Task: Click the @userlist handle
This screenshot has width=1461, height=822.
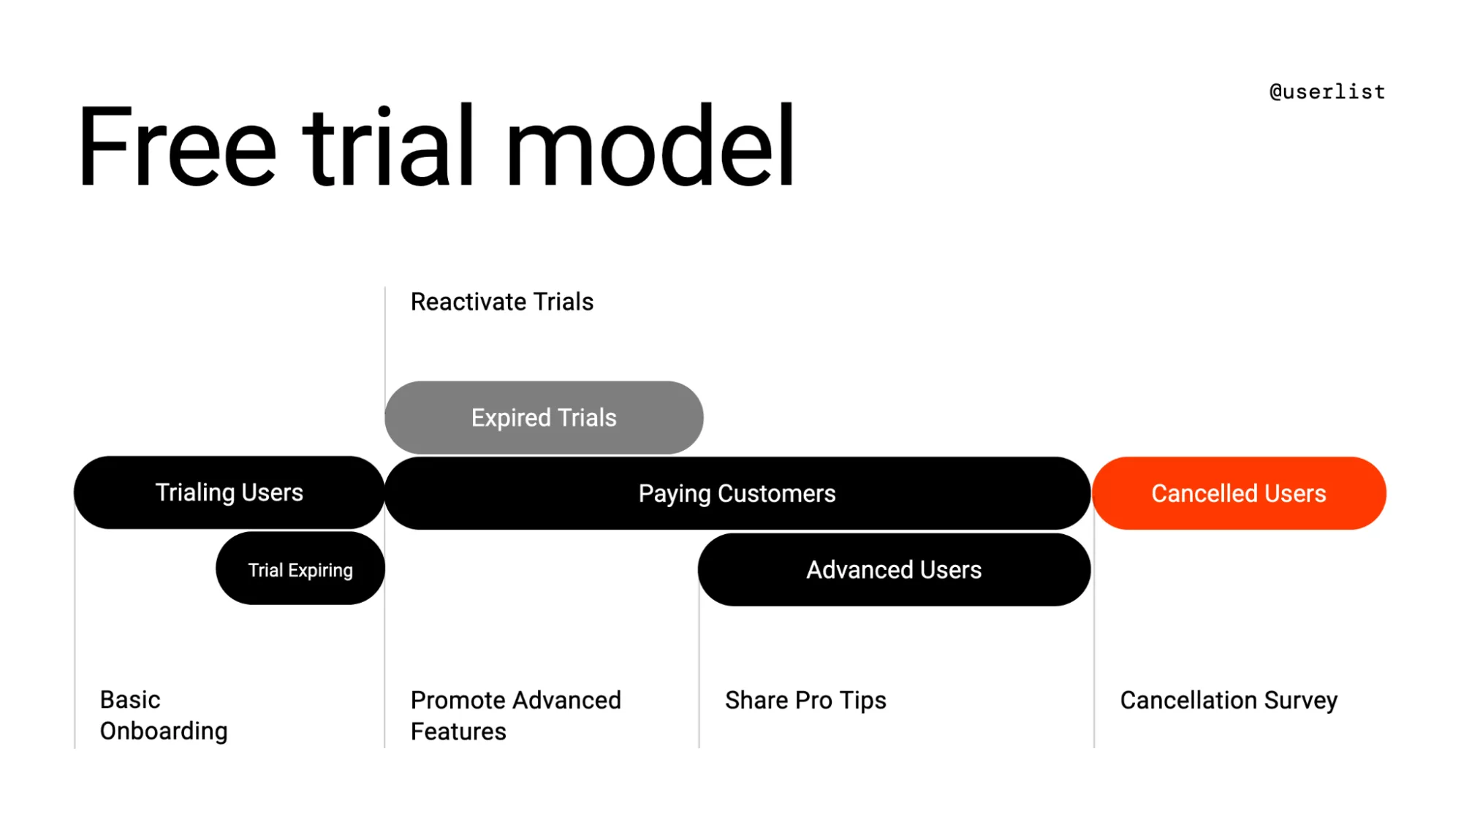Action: [1327, 92]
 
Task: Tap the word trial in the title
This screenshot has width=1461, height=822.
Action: [390, 146]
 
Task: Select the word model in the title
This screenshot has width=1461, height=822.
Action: [650, 146]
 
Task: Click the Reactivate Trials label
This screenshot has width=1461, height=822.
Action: [502, 302]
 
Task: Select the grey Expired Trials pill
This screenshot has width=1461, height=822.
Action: [544, 418]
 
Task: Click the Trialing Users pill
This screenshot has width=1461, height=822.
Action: [229, 492]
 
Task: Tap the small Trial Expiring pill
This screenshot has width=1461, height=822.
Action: [300, 570]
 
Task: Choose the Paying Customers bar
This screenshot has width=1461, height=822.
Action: [737, 494]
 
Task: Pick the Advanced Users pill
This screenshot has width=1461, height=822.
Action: [894, 570]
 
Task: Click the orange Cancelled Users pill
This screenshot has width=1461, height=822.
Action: [1239, 494]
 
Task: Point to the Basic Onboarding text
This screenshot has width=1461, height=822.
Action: [164, 715]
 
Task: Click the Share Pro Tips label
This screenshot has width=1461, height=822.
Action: [805, 701]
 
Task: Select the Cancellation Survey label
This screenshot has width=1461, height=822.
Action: [1229, 701]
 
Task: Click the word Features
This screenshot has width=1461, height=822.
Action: [458, 732]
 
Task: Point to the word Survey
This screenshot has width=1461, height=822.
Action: [1301, 701]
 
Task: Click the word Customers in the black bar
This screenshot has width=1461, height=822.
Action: [776, 494]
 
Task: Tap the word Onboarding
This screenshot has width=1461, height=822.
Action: [164, 731]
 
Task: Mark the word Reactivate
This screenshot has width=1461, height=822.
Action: [468, 302]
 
